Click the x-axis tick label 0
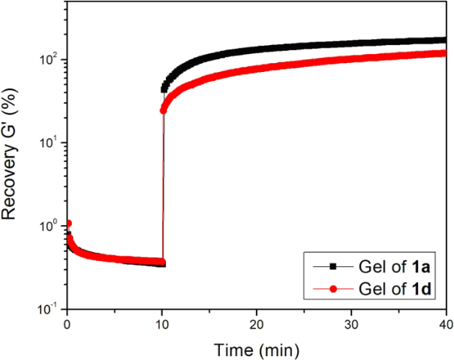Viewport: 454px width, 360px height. click(68, 323)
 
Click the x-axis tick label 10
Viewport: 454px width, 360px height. click(162, 323)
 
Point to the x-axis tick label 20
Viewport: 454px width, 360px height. click(257, 323)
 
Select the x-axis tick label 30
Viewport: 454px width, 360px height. click(351, 323)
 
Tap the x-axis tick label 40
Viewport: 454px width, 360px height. click(445, 323)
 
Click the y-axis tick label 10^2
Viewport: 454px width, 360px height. click(50, 59)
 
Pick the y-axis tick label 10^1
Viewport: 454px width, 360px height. click(50, 142)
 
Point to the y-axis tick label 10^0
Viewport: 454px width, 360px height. click(50, 226)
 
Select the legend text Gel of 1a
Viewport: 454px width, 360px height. click(390, 265)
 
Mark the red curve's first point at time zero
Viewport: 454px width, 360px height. click(68, 223)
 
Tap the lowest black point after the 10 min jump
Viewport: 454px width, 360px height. click(164, 89)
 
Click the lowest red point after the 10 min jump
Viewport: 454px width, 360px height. click(164, 110)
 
